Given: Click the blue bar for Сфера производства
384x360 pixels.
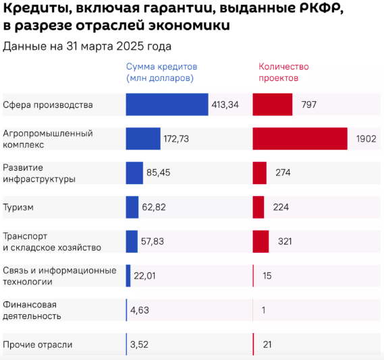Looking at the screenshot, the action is pyautogui.click(x=167, y=104).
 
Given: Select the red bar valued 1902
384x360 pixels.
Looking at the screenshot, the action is pyautogui.click(x=300, y=139).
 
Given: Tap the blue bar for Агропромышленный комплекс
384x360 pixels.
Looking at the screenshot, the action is pyautogui.click(x=143, y=139).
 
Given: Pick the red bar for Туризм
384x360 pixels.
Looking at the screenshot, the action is pyautogui.click(x=258, y=207).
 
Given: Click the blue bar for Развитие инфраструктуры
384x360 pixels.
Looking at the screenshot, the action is pyautogui.click(x=134, y=173).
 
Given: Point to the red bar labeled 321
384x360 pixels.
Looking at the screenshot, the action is pyautogui.click(x=260, y=241).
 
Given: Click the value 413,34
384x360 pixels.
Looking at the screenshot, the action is pyautogui.click(x=225, y=104).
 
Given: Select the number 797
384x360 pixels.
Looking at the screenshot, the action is pyautogui.click(x=309, y=104).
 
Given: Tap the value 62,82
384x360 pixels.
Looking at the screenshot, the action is pyautogui.click(x=154, y=208).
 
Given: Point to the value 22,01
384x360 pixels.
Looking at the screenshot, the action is pyautogui.click(x=144, y=276).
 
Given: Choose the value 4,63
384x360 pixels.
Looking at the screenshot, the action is pyautogui.click(x=140, y=310).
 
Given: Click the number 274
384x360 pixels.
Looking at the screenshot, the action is pyautogui.click(x=283, y=173).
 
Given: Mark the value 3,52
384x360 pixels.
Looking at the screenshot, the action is pyautogui.click(x=139, y=344).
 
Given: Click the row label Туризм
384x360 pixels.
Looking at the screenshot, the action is pyautogui.click(x=18, y=208).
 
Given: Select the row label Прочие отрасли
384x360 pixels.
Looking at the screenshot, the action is pyautogui.click(x=38, y=344).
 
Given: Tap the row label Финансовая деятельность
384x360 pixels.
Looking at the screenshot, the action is pyautogui.click(x=32, y=310).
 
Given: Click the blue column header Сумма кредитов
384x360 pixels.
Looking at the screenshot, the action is pyautogui.click(x=162, y=67).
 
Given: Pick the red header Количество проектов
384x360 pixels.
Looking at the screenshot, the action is pyautogui.click(x=283, y=72).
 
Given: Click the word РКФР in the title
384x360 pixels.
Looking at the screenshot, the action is pyautogui.click(x=321, y=8).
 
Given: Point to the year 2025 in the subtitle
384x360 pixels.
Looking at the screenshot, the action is pyautogui.click(x=130, y=47).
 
